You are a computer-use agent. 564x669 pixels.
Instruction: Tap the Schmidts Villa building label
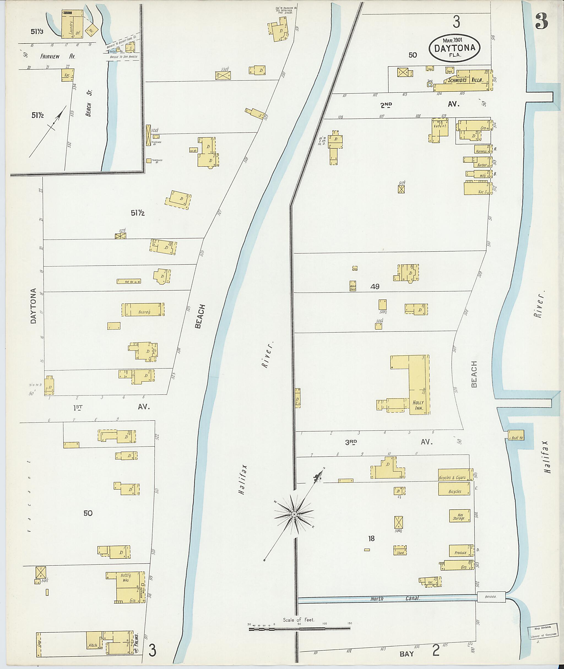coord(465,80)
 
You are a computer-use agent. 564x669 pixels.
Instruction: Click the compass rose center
coord(294,514)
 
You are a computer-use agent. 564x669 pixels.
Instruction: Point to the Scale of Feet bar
coord(299,629)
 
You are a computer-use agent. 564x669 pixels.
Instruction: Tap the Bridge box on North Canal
coord(491,597)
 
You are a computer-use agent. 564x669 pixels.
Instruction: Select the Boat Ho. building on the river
coord(516,437)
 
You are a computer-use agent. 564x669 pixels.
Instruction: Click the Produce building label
coord(460,552)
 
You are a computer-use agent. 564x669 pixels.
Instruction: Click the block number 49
coord(375,286)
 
